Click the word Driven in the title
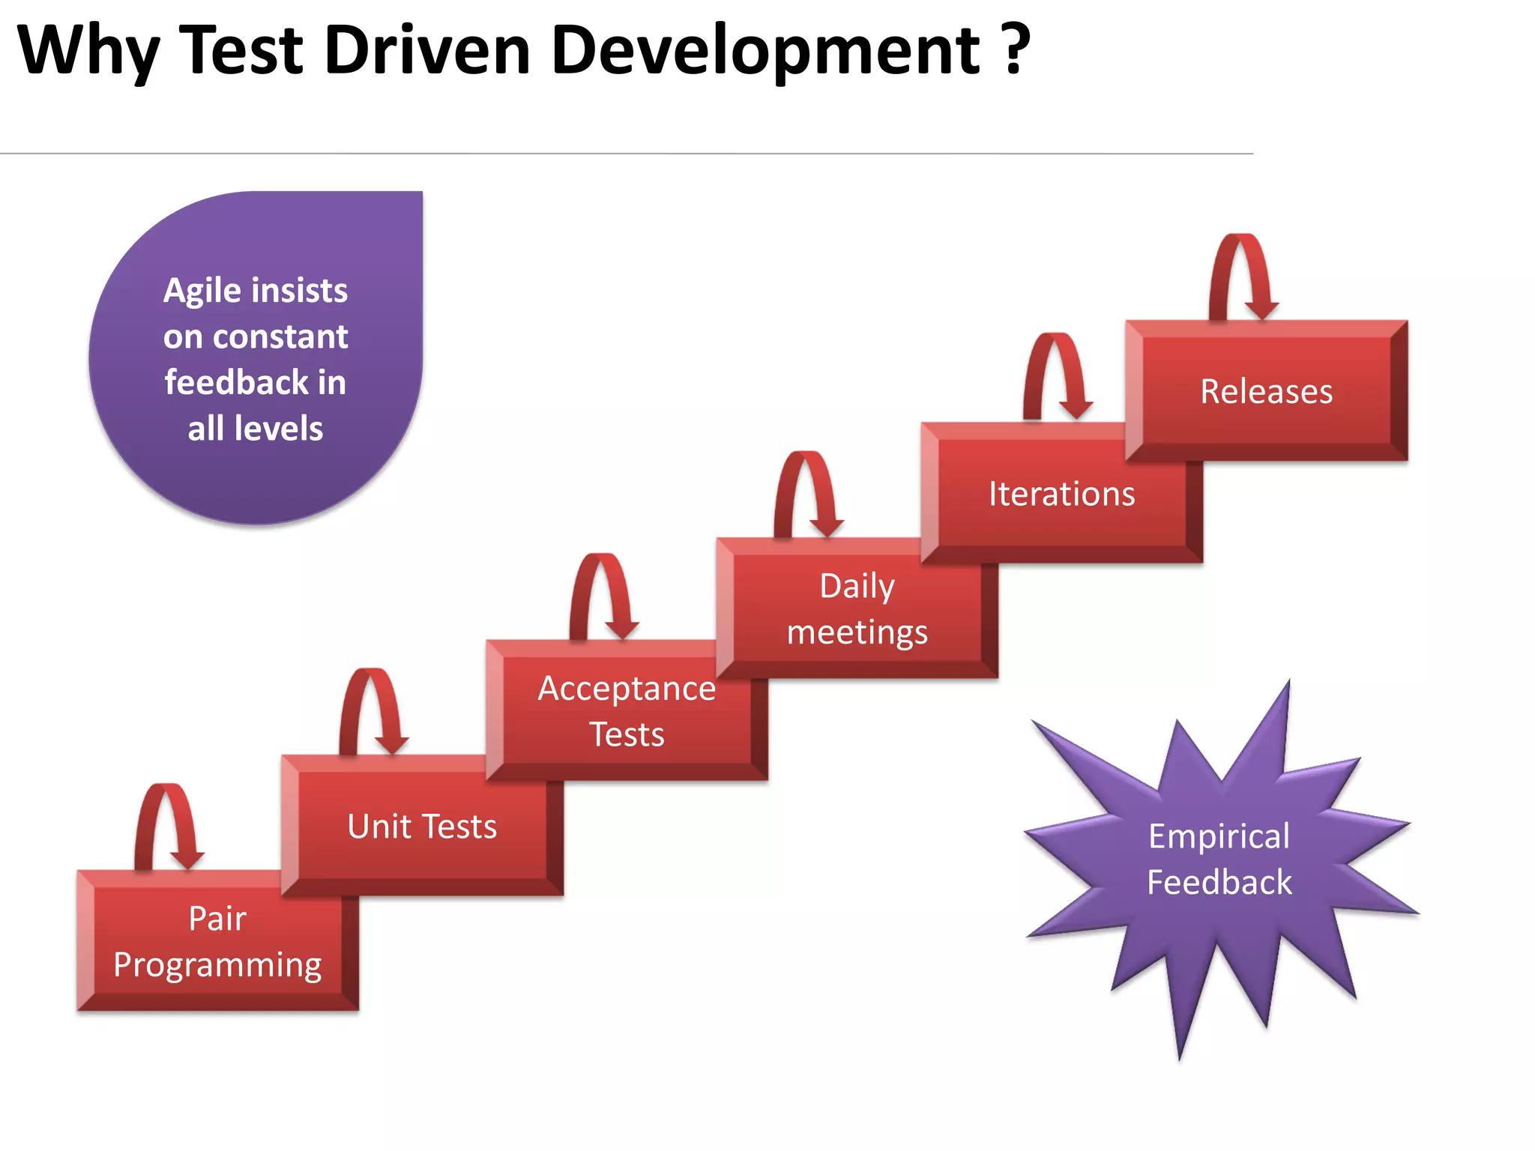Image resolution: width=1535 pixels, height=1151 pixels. [427, 51]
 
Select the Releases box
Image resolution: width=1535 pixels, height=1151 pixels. [1267, 391]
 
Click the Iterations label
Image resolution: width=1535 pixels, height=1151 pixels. [1061, 495]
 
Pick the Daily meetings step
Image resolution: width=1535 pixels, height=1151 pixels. [857, 608]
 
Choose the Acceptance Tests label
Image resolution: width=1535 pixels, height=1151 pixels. [627, 710]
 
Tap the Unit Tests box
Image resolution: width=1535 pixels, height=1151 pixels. [422, 827]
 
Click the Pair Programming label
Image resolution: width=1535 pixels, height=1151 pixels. [217, 941]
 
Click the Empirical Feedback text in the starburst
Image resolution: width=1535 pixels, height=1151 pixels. [1219, 859]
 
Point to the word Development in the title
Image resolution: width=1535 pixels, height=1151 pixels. [765, 51]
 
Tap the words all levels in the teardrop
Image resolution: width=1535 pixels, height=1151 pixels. [255, 429]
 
